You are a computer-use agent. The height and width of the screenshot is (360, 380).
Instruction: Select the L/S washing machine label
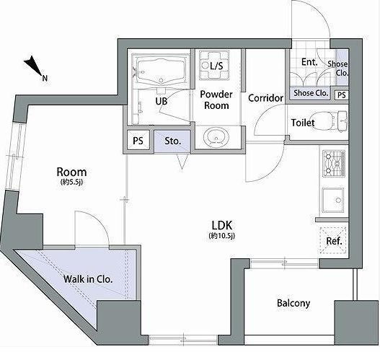click(216, 66)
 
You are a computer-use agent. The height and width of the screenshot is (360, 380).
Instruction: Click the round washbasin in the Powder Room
click(216, 138)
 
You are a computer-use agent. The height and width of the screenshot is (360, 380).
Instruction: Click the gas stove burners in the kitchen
click(334, 163)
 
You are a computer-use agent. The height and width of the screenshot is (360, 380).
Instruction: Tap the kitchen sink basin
click(333, 199)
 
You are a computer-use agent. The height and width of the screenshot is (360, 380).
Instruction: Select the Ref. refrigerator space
click(334, 240)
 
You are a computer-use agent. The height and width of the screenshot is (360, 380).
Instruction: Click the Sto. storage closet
click(172, 141)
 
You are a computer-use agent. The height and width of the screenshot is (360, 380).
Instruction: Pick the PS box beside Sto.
click(138, 141)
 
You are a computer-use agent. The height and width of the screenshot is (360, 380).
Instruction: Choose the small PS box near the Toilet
click(341, 95)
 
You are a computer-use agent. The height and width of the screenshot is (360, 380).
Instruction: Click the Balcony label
click(293, 303)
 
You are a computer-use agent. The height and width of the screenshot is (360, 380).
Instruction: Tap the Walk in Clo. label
click(88, 279)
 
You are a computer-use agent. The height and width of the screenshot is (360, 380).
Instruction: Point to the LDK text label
click(222, 226)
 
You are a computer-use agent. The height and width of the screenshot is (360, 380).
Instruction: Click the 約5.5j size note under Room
click(71, 182)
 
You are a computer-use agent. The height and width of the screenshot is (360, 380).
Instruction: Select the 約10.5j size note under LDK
click(222, 235)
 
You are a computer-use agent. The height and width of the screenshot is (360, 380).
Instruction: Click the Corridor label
click(265, 98)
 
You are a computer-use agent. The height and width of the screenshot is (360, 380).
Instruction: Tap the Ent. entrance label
click(309, 62)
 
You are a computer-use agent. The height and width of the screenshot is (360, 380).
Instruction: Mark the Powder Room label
click(216, 100)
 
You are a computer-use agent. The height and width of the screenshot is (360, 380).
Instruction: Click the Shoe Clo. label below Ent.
click(311, 93)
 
